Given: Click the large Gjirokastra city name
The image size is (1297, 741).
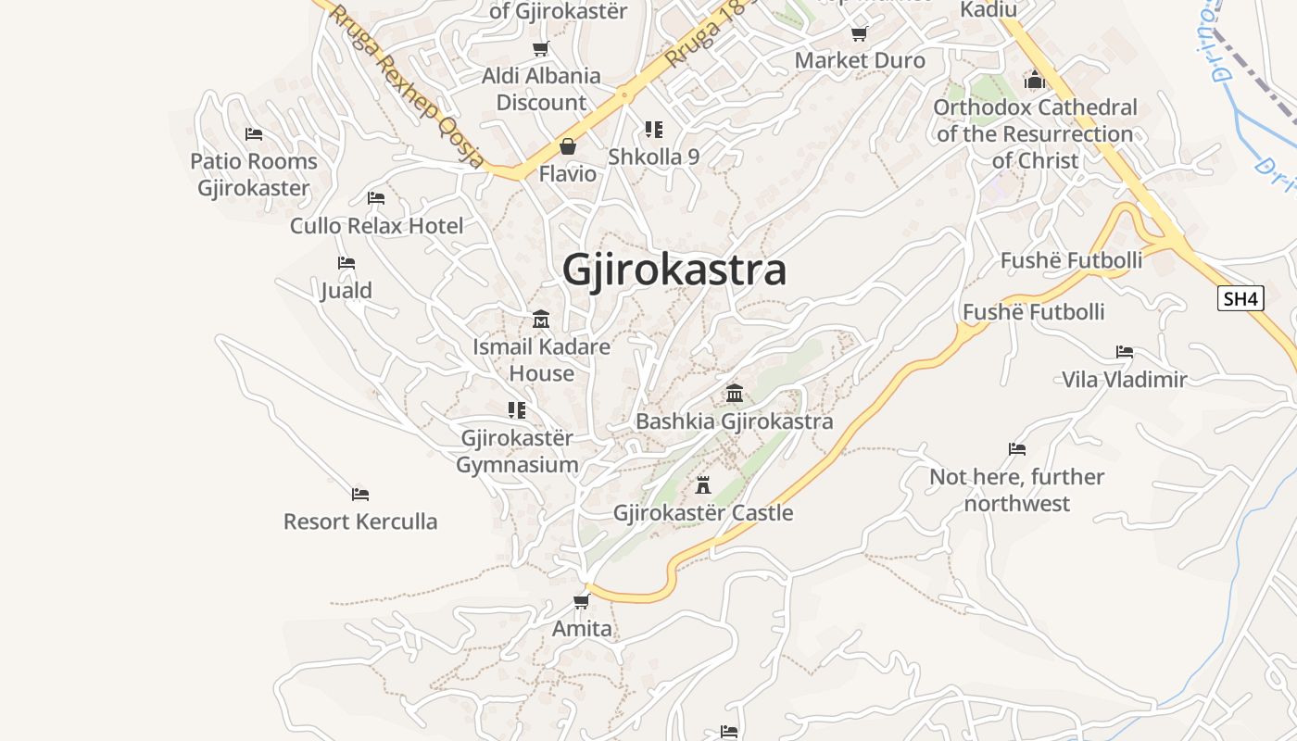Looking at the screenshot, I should [x=674, y=270].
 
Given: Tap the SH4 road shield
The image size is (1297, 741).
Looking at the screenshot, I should [x=1240, y=298].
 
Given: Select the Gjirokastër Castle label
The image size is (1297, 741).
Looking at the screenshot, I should [x=703, y=513].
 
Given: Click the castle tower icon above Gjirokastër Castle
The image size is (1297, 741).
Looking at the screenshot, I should [x=703, y=484].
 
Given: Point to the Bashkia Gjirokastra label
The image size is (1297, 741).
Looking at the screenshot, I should [x=734, y=421].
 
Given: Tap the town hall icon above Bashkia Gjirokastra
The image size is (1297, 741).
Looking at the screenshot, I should [x=735, y=393].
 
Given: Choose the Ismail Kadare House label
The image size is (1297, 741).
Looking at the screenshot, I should [x=541, y=359].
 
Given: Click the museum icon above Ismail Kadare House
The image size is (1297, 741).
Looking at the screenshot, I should [x=541, y=320].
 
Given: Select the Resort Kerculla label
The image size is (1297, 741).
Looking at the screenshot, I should [x=360, y=521].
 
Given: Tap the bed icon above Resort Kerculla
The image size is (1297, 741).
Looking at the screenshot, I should [x=360, y=495].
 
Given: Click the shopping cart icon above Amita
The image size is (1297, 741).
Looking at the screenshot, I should [x=582, y=601].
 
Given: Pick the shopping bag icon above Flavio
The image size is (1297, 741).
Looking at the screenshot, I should [x=567, y=146].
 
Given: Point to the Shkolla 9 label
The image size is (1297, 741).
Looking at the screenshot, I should [x=653, y=157].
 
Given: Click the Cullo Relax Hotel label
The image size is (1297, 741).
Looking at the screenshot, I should [x=376, y=225].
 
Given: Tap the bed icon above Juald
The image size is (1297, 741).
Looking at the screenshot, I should [x=346, y=263].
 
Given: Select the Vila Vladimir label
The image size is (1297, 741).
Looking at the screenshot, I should [x=1124, y=379].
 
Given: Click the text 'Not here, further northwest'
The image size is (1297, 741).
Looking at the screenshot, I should [x=1017, y=490].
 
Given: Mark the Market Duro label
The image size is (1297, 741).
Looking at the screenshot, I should [x=860, y=60].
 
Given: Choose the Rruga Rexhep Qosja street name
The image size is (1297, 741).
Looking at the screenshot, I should [x=408, y=86].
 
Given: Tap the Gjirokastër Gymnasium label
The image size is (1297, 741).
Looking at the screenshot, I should [x=517, y=451].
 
